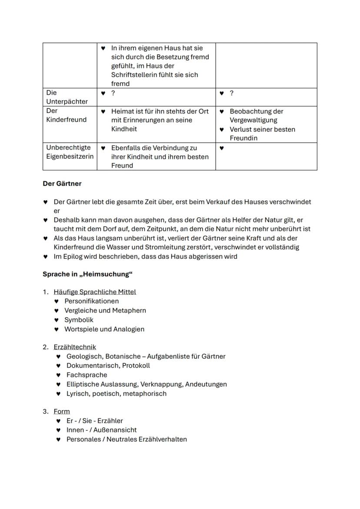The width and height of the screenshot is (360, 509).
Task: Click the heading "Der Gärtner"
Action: pyautogui.click(x=62, y=183)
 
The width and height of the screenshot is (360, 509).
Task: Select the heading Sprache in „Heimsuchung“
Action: pyautogui.click(x=87, y=274)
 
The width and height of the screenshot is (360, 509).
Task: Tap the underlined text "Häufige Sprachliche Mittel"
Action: pyautogui.click(x=95, y=292)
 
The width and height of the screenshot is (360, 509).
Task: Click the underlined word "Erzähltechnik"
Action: pyautogui.click(x=75, y=347)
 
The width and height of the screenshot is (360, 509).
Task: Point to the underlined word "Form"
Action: pyautogui.click(x=62, y=411)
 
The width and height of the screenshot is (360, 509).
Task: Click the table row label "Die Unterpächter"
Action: pyautogui.click(x=67, y=97)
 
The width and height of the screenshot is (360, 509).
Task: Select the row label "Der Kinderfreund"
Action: pyautogui.click(x=66, y=115)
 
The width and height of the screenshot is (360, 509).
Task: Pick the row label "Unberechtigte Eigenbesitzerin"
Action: pyautogui.click(x=70, y=152)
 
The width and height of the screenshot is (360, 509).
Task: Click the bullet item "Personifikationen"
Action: pyautogui.click(x=91, y=301)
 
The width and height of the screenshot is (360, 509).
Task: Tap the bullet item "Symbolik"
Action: pyautogui.click(x=79, y=319)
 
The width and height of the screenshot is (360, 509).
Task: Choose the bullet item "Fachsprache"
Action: pyautogui.click(x=87, y=375)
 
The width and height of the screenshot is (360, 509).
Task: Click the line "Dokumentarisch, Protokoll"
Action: pyautogui.click(x=108, y=366)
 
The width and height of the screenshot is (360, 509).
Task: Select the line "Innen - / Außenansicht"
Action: pyautogui.click(x=101, y=430)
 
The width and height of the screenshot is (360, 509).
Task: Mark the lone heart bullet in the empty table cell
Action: pyautogui.click(x=221, y=148)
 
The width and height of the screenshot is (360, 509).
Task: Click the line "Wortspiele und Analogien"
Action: pyautogui.click(x=104, y=329)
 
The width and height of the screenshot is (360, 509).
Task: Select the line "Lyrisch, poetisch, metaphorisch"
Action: pyautogui.click(x=116, y=393)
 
